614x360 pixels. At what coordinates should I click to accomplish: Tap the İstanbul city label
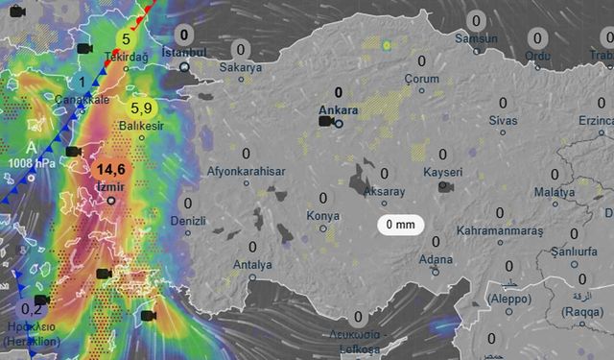click(184, 51)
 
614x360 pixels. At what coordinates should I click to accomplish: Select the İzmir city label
click(111, 186)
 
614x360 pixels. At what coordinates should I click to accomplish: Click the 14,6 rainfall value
click(110, 169)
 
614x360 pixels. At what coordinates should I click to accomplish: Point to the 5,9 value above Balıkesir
click(141, 108)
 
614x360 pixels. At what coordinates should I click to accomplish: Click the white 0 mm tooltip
click(400, 225)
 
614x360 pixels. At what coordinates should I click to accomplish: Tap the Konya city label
click(322, 216)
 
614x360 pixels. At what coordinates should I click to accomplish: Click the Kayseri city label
click(442, 172)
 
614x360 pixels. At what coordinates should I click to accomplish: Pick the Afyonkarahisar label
click(248, 172)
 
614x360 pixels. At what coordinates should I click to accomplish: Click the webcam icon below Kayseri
click(445, 186)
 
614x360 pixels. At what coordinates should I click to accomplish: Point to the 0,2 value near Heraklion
click(32, 309)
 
